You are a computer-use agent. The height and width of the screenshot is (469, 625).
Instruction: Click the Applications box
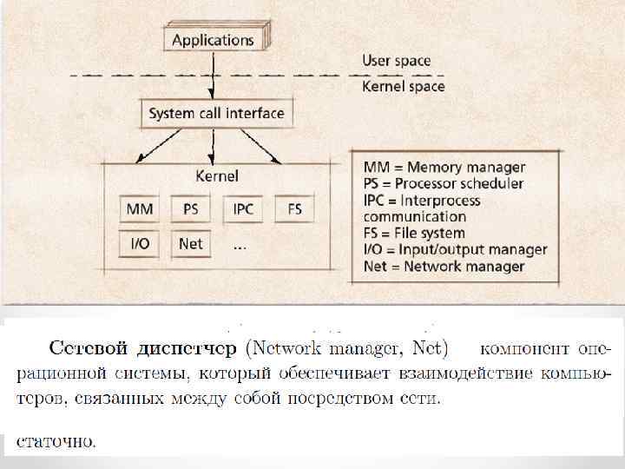click(x=213, y=39)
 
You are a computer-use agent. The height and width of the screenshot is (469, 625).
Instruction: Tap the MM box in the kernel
click(x=140, y=209)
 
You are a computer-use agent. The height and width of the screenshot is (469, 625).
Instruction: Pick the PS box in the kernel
click(x=191, y=209)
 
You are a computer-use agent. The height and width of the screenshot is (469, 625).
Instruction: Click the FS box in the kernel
click(x=294, y=209)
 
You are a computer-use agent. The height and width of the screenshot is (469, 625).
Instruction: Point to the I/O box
click(x=140, y=244)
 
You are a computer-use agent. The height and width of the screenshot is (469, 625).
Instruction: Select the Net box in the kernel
click(x=191, y=244)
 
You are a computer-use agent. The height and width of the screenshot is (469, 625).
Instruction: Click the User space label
click(x=396, y=61)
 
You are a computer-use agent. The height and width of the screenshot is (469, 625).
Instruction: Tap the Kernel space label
click(x=403, y=86)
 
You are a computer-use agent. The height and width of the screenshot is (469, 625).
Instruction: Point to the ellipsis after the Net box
click(x=240, y=247)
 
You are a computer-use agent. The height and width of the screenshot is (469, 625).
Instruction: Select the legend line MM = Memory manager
click(x=444, y=167)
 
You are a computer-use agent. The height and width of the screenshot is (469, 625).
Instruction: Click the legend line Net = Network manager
click(x=444, y=266)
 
